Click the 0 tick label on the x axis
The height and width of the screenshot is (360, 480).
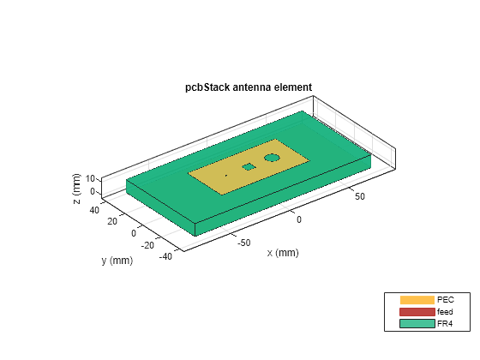(299, 219)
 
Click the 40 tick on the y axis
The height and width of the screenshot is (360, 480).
(93, 208)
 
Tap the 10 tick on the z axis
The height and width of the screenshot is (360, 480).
(93, 180)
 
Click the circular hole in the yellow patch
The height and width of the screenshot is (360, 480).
(273, 158)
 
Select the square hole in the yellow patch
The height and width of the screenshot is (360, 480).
(249, 167)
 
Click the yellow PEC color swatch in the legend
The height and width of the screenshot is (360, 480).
(417, 300)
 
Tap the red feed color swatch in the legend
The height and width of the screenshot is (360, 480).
(417, 312)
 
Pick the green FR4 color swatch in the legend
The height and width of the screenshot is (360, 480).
(417, 324)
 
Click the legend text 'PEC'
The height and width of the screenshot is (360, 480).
(445, 300)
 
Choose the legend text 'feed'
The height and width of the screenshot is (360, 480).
(445, 312)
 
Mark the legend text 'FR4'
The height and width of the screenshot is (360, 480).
(445, 324)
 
